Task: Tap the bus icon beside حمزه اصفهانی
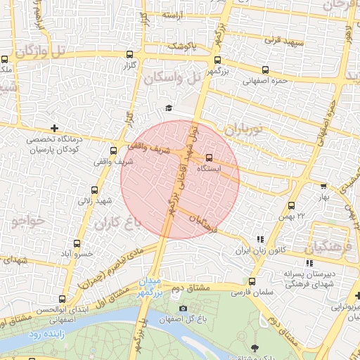(265, 70)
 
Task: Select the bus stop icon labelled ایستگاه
(209, 158)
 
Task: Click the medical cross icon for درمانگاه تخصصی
(55, 128)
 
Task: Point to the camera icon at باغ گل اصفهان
(184, 308)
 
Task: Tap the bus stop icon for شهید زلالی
(95, 190)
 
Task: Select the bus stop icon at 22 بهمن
(291, 205)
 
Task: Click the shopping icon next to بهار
(323, 186)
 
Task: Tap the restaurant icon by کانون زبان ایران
(260, 239)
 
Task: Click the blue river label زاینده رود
(47, 335)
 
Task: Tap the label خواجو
(28, 220)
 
